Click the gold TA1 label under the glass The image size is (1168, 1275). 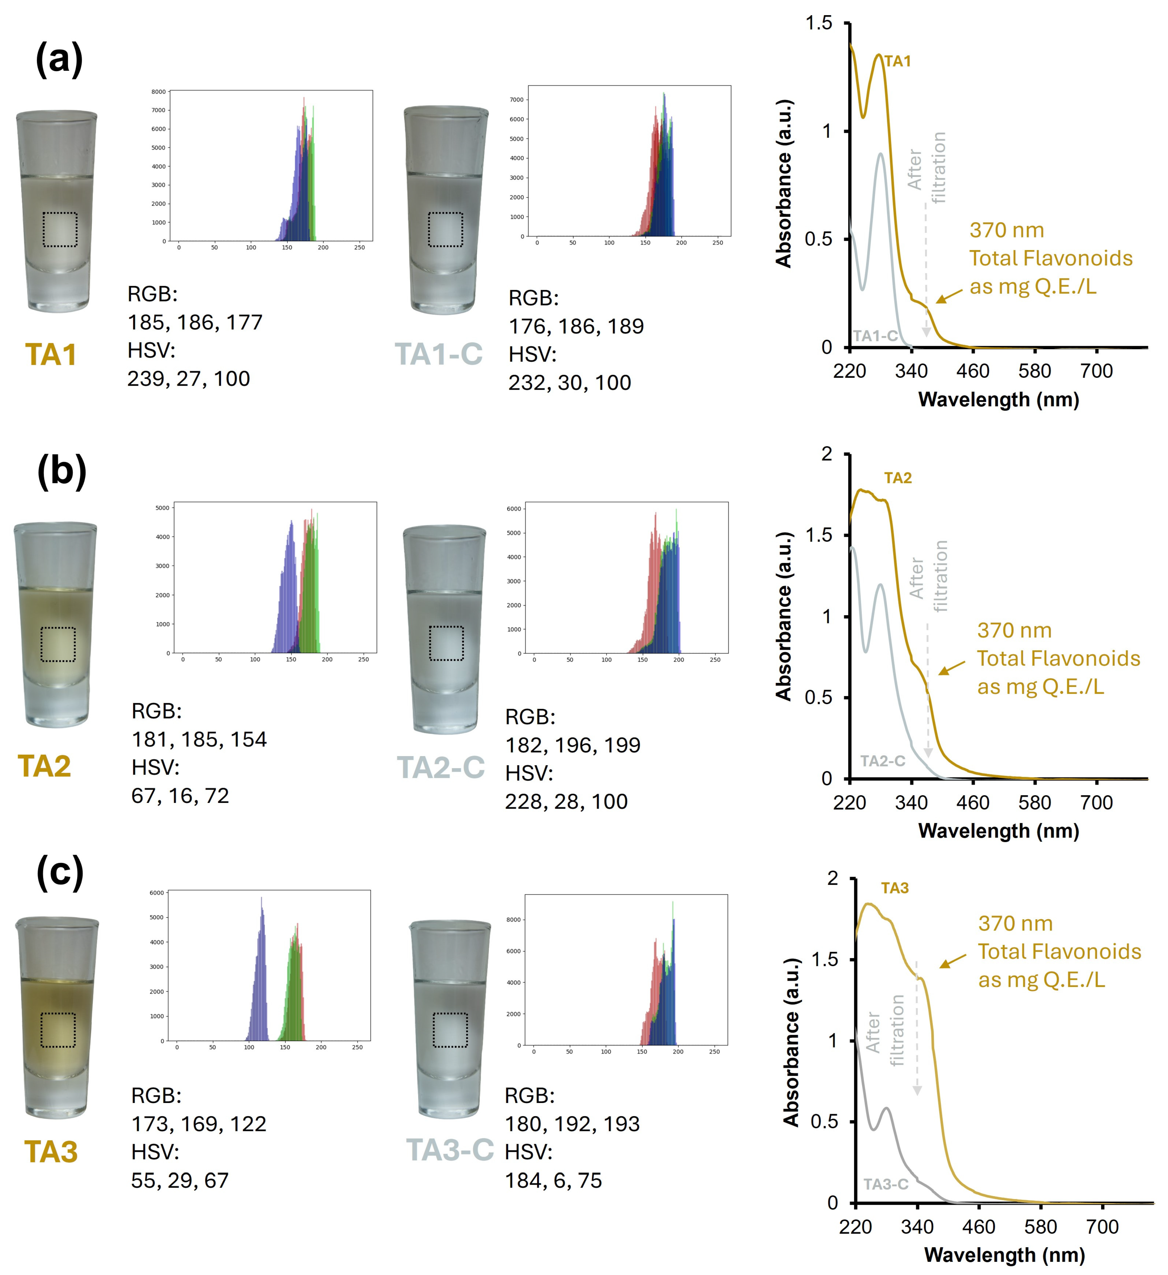click(51, 355)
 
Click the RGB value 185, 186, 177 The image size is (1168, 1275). click(195, 323)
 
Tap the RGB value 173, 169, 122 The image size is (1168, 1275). click(199, 1124)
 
